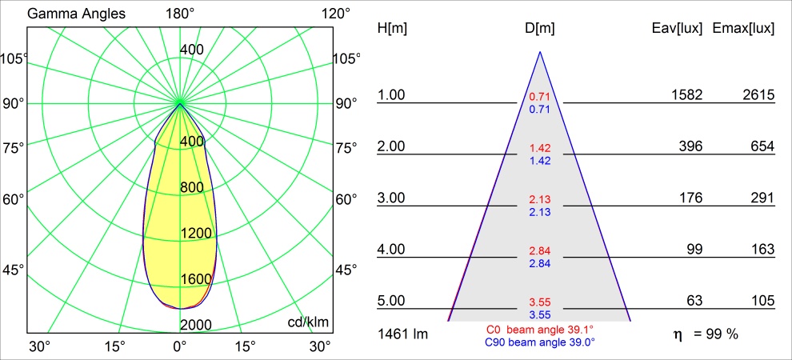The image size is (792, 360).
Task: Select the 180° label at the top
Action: (x=180, y=14)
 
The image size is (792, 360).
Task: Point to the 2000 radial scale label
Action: (x=195, y=325)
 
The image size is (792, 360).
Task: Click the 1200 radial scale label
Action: (x=195, y=234)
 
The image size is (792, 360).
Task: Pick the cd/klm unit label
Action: (x=308, y=322)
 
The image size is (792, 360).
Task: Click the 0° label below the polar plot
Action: (x=180, y=346)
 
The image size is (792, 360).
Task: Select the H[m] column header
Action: (x=392, y=29)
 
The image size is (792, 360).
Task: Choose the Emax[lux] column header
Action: (x=743, y=29)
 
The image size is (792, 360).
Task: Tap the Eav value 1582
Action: (x=686, y=95)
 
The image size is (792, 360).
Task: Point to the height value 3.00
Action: (x=391, y=198)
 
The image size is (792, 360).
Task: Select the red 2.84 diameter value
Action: (x=540, y=251)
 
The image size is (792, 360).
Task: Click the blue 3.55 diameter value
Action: (x=540, y=315)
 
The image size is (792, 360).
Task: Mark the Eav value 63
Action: (x=694, y=301)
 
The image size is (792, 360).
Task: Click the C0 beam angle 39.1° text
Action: (x=540, y=330)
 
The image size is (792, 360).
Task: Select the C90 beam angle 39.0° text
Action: (x=540, y=342)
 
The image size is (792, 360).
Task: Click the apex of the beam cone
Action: (x=540, y=52)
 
